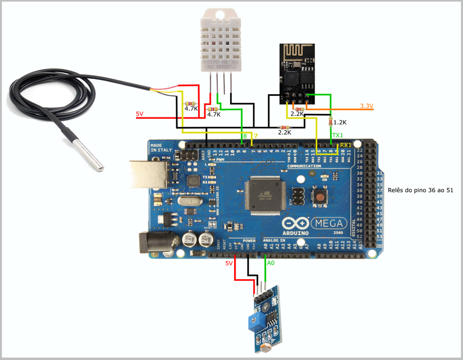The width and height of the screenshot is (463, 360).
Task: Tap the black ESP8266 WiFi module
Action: [x=296, y=72]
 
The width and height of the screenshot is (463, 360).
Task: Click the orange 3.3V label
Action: [x=367, y=106]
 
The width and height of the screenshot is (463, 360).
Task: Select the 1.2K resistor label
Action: [x=340, y=122]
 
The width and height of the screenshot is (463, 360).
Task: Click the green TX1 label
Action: [x=338, y=135]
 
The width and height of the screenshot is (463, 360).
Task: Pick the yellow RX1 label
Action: [x=346, y=144]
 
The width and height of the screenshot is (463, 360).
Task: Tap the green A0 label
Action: [x=271, y=263]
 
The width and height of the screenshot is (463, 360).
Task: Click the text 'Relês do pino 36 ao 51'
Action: [x=420, y=190]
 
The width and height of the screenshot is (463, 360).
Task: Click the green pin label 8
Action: [x=245, y=136]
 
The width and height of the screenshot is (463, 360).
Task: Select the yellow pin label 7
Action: [x=255, y=136]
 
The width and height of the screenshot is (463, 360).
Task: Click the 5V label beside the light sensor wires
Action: [x=229, y=263]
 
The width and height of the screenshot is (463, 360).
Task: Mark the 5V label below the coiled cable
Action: [x=140, y=114]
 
